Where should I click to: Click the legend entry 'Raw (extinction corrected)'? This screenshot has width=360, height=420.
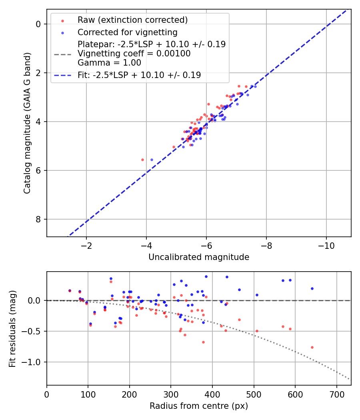tap(132, 20)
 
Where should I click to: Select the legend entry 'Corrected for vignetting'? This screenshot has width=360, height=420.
tap(127, 32)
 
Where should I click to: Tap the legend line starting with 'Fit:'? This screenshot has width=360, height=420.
tap(139, 75)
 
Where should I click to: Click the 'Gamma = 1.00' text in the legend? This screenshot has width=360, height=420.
tap(109, 63)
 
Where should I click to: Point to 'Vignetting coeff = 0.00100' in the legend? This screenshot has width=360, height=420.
tap(134, 54)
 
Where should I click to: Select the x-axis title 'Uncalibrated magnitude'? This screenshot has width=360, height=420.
tap(199, 257)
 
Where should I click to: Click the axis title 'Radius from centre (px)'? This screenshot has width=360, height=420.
tap(199, 406)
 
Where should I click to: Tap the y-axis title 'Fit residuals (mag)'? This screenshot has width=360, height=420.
tap(12, 328)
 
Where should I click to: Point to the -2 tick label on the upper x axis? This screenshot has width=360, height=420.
tap(86, 245)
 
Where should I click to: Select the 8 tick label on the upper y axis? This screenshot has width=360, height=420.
tap(38, 219)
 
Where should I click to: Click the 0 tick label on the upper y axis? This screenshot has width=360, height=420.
tap(38, 24)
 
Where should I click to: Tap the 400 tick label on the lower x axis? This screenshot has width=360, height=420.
tap(212, 394)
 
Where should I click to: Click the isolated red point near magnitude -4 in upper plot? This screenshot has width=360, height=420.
tap(142, 160)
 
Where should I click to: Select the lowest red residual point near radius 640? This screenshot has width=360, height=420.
tap(312, 347)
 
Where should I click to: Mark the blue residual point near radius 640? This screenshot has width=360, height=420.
tap(312, 288)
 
